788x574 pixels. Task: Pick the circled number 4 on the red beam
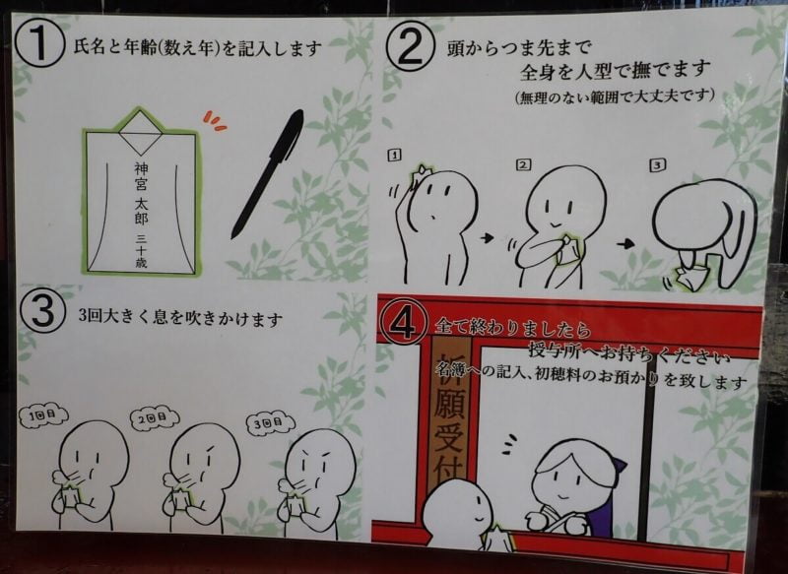[x=404, y=323]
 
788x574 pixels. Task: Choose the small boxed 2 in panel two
[x=523, y=163]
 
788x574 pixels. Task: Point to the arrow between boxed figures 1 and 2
[x=486, y=238]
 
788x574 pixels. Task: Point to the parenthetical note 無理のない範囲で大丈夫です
[x=619, y=98]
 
